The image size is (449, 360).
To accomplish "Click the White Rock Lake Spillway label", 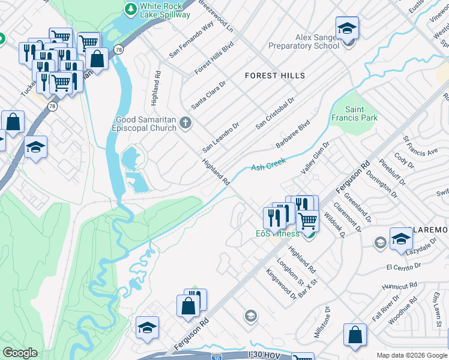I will click(x=164, y=10).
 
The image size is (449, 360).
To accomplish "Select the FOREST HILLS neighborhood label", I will click(x=275, y=76).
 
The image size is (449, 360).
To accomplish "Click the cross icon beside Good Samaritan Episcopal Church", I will click(x=185, y=124).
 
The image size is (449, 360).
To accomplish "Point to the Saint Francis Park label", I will click(x=362, y=114).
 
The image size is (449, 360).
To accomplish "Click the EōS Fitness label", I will click(x=274, y=233).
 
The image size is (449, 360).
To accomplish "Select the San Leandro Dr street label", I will click(x=220, y=137).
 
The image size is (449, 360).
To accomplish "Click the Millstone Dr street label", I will click(x=322, y=322).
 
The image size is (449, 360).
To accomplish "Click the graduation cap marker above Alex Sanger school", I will click(x=346, y=28).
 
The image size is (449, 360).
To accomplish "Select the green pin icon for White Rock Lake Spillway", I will click(x=130, y=10).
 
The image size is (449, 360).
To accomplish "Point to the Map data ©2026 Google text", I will click(x=411, y=355).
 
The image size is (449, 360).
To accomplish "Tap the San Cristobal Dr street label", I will click(x=275, y=113).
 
